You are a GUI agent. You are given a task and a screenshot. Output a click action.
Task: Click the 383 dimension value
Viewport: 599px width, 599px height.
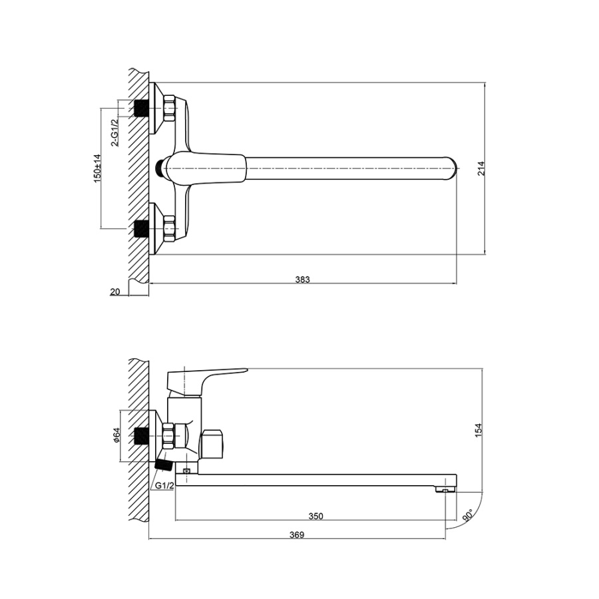(x=303, y=280)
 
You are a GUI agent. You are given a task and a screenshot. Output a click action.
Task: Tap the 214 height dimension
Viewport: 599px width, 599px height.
(x=481, y=168)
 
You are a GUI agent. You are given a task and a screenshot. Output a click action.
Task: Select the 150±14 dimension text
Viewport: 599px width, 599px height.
(x=98, y=168)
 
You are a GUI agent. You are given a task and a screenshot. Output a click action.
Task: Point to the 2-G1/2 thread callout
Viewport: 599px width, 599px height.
(x=114, y=132)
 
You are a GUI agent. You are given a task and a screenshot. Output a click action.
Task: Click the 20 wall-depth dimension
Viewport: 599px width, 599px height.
(x=115, y=292)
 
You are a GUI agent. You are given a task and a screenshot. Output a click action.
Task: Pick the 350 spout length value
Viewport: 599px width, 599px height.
(x=316, y=516)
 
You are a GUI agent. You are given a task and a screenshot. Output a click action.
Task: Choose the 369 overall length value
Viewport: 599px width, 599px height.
(x=297, y=535)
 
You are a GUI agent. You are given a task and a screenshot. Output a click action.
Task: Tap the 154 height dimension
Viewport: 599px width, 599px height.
(x=479, y=430)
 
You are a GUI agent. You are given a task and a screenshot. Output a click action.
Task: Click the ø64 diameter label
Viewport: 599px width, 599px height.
(x=116, y=435)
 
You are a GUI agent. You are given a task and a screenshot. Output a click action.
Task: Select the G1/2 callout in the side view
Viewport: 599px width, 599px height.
(x=164, y=486)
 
